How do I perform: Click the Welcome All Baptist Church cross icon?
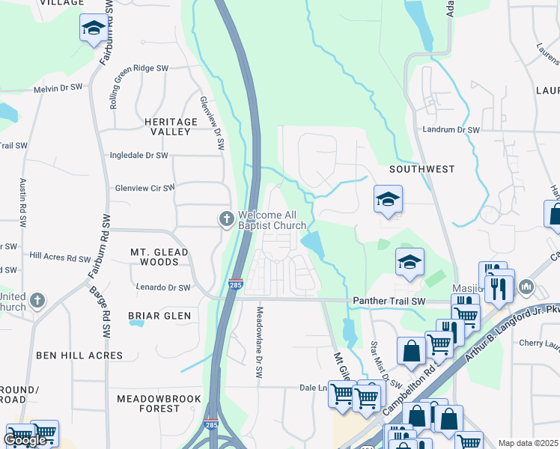[227, 219]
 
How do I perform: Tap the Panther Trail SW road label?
[388, 301]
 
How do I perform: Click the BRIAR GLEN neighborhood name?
[159, 316]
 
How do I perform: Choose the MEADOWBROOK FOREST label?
[159, 403]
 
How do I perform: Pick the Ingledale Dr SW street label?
[139, 156]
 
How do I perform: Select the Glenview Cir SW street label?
[144, 188]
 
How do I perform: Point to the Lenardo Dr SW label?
[163, 287]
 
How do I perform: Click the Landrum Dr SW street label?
[451, 129]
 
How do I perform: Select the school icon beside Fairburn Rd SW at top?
[93, 28]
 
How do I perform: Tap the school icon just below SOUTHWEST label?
[388, 200]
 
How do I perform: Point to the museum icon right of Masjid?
[526, 287]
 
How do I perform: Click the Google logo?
[25, 440]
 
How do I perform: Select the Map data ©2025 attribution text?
[528, 443]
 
